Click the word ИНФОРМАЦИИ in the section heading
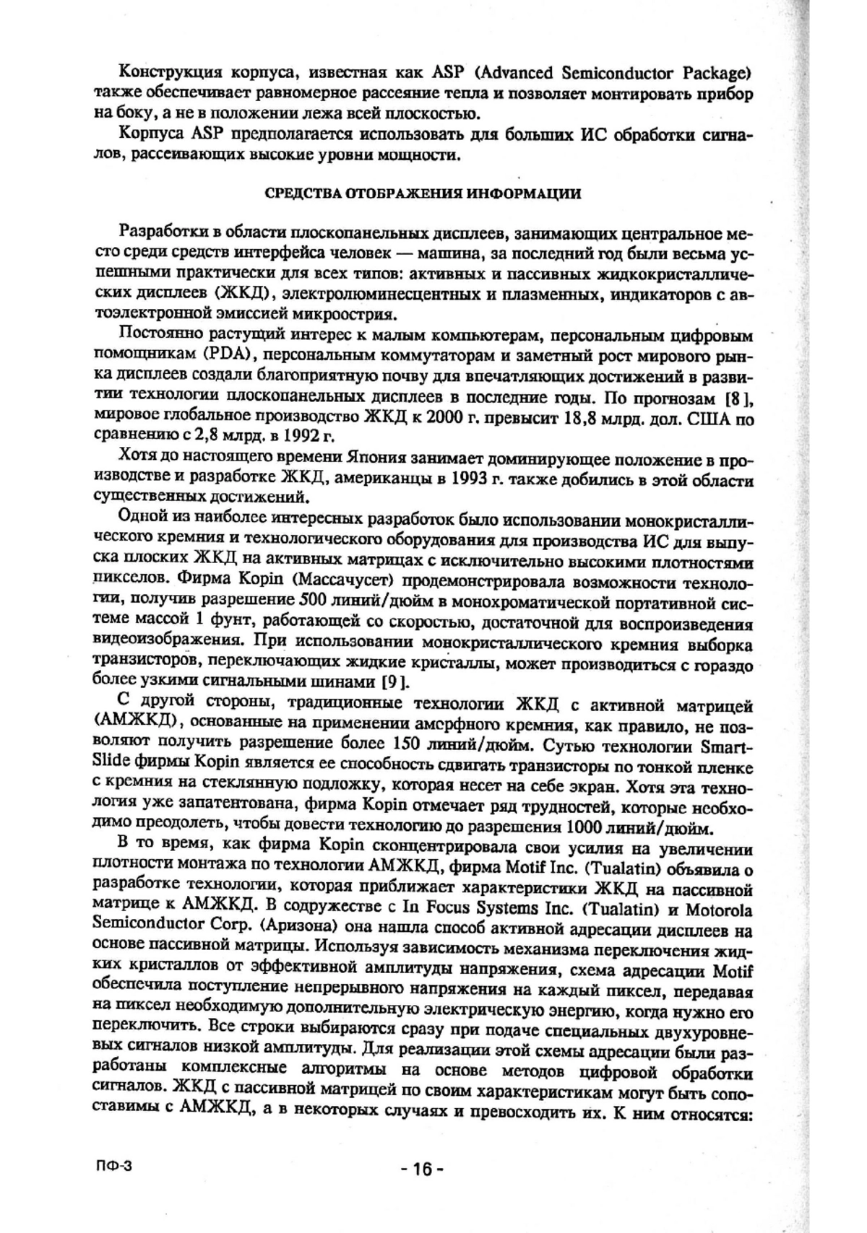point(524,193)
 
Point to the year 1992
point(301,436)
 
